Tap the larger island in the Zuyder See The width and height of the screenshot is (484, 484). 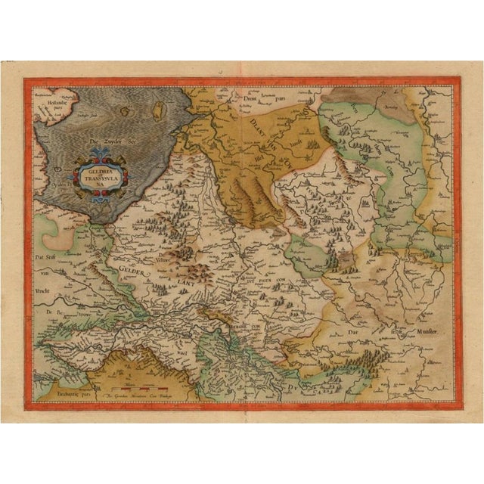tap(158, 112)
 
